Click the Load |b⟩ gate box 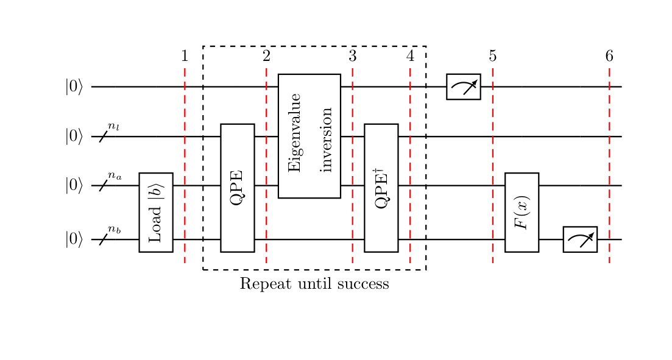[x=155, y=212]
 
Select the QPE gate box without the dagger [x=237, y=188]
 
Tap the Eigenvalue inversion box [x=309, y=136]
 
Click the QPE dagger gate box [x=381, y=188]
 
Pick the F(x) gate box [x=522, y=212]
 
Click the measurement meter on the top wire [x=463, y=86]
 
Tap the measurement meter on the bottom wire [x=579, y=239]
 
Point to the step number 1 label [x=185, y=57]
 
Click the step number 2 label [x=266, y=57]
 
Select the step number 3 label [x=352, y=57]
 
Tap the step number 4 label [x=410, y=57]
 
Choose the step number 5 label [x=492, y=57]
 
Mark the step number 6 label [x=609, y=57]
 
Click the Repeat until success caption [x=314, y=284]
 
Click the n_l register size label [x=114, y=126]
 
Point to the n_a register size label [x=115, y=175]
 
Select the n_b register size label [x=115, y=229]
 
